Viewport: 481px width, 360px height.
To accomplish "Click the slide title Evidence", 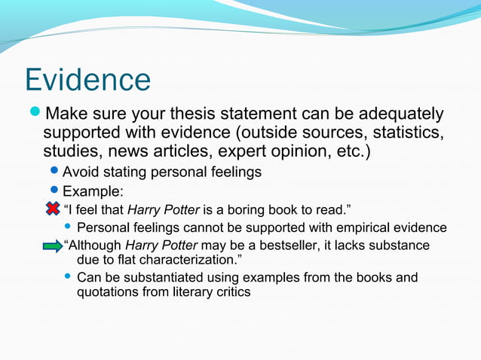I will click(87, 80).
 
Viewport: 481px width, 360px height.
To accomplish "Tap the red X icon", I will click(52, 207).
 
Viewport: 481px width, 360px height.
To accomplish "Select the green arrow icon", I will click(52, 246).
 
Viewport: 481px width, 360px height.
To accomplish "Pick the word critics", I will click(230, 292).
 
